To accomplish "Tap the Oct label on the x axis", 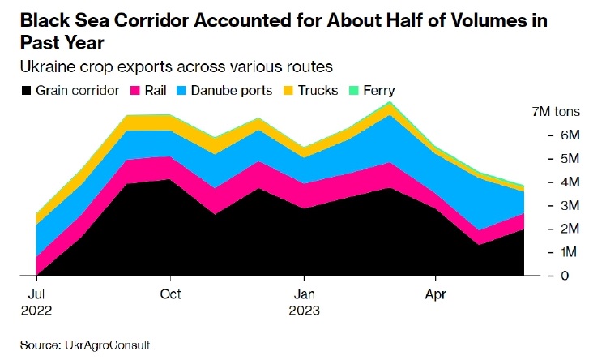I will tap(170, 293).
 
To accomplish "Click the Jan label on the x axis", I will tap(304, 293).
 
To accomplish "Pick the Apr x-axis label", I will tap(437, 293).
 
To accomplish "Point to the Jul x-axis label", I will tap(36, 293).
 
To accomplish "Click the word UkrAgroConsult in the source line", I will tap(109, 345).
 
